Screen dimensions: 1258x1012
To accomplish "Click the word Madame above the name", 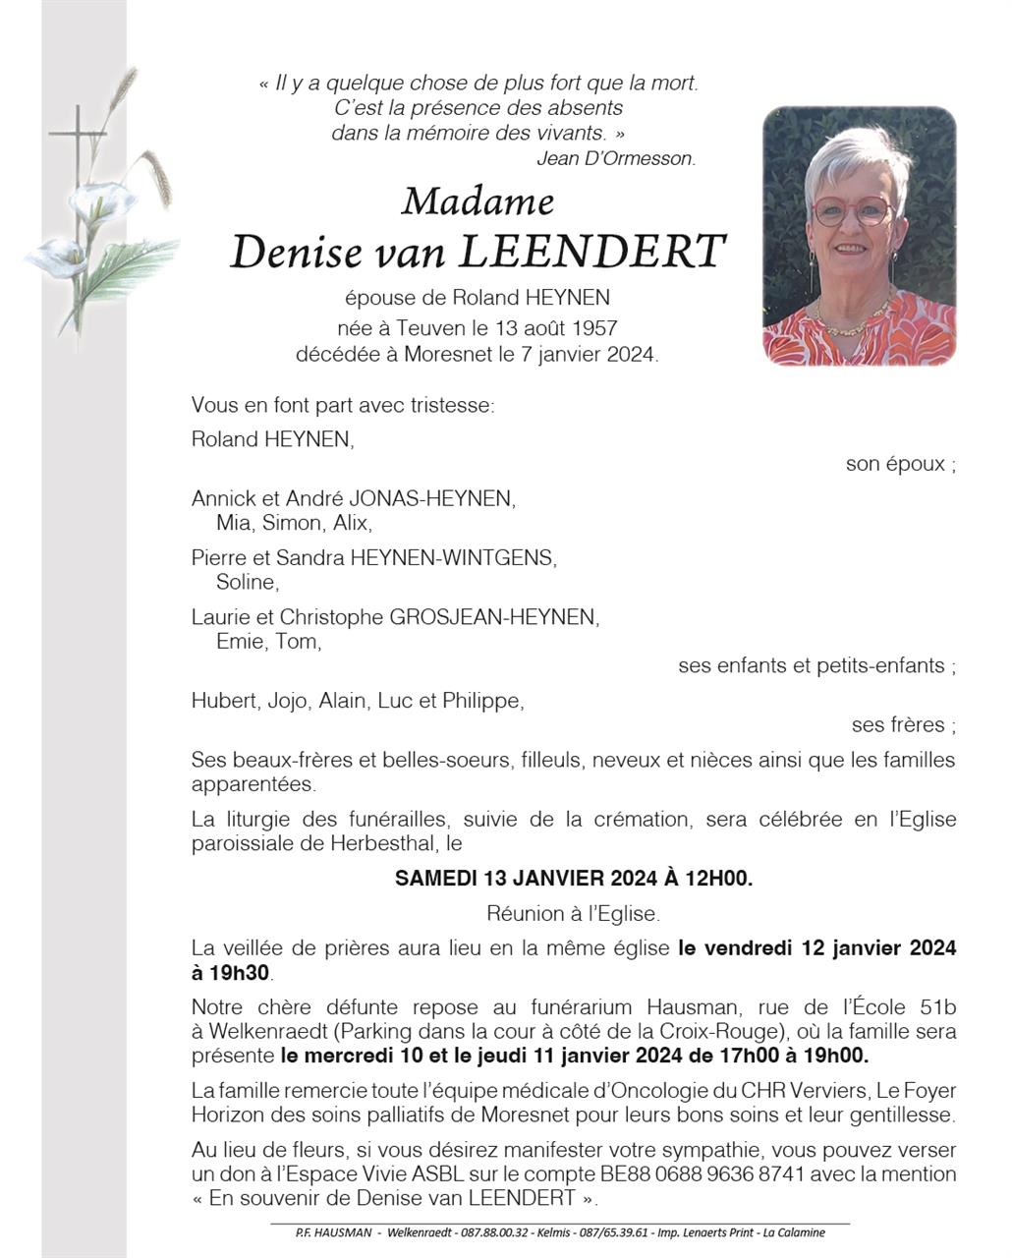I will [x=478, y=201].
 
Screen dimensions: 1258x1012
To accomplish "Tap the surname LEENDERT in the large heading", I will [x=592, y=252].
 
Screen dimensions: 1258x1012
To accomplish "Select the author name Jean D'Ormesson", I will [x=616, y=158].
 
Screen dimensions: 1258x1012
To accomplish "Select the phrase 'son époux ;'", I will [x=900, y=464].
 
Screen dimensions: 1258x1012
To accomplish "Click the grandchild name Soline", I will [x=247, y=582].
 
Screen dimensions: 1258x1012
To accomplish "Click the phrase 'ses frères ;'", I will [x=903, y=725].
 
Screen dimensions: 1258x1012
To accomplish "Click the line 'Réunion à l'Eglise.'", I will [x=574, y=914].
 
